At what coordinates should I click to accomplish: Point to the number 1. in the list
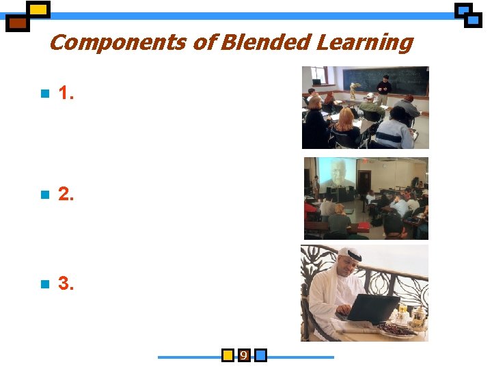pos(66,94)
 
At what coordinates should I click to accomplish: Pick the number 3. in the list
pos(66,283)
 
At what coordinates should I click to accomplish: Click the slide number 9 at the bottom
pos(243,355)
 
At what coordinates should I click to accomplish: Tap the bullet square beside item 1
pos(45,94)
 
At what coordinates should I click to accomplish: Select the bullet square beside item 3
pos(45,284)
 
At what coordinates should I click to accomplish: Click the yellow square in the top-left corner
pos(40,10)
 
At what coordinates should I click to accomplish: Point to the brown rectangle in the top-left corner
pos(18,23)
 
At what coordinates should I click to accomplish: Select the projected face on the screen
pos(340,172)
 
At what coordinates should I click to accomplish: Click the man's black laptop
pos(372,308)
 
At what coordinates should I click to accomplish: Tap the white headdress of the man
pos(348,256)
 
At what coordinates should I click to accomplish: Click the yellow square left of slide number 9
pos(228,355)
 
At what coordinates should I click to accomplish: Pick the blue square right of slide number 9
pos(260,355)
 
